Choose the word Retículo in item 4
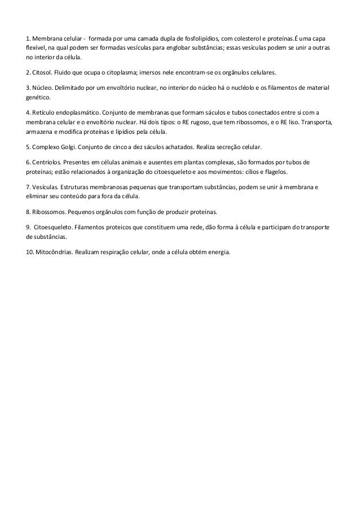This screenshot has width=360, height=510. [43, 114]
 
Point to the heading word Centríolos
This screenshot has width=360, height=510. [47, 163]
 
